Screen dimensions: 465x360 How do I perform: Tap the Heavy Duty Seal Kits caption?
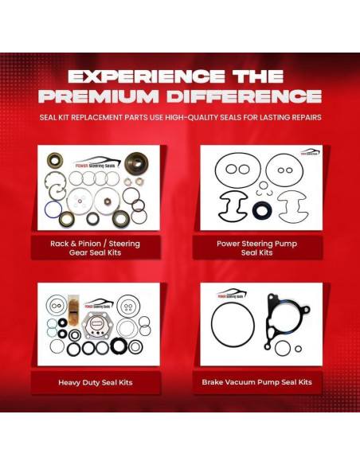point(95,382)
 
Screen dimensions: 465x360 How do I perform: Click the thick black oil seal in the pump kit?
point(262,211)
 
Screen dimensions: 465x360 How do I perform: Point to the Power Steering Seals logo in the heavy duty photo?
point(100,303)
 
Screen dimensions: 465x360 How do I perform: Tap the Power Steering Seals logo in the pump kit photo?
point(310,151)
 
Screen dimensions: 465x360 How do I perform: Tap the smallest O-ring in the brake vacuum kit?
point(298,348)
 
